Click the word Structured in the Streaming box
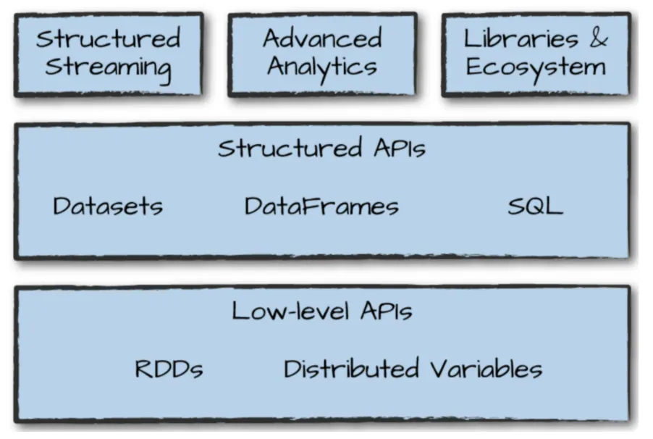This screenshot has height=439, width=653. pos(108,38)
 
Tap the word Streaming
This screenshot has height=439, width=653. pos(108,67)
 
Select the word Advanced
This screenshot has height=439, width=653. pos(322,38)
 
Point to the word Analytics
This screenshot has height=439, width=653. pos(322,67)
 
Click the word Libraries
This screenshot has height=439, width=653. pos(521,38)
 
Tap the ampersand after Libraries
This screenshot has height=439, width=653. pos(598,38)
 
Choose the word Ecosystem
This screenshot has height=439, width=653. pos(536,67)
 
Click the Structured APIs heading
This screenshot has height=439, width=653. pos(321,149)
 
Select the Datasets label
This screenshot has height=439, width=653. pos(108,206)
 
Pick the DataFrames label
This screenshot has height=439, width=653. pos(321,206)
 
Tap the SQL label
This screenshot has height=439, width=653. pos(535,206)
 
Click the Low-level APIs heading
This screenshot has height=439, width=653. pos(321,312)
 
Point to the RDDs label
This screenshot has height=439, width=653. pos(169,369)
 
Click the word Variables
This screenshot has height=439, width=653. pos(486,369)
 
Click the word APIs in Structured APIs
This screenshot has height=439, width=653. pos(395,149)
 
